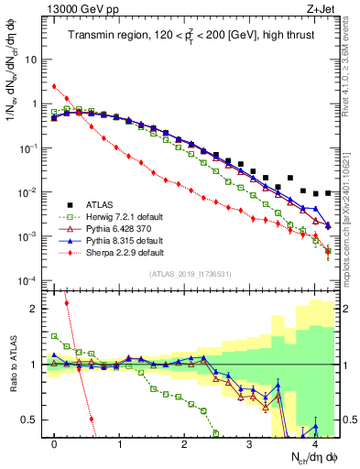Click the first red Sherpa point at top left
(x=55, y=87)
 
